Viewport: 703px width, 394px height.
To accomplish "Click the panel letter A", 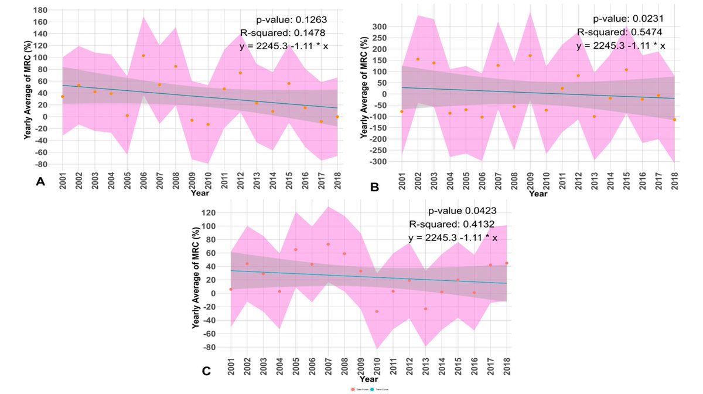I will tap(40, 182).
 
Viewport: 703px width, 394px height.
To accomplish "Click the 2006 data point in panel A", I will tap(143, 56).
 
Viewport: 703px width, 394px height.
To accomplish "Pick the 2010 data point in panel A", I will tap(207, 124).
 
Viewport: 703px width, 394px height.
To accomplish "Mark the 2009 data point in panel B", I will tap(530, 56).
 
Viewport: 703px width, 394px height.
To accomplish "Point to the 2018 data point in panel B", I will tap(674, 120).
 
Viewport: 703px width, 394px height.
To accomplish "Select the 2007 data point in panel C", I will tap(328, 244).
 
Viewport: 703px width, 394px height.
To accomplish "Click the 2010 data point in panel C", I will tap(377, 311).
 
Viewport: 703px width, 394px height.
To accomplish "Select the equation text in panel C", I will tap(453, 239).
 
